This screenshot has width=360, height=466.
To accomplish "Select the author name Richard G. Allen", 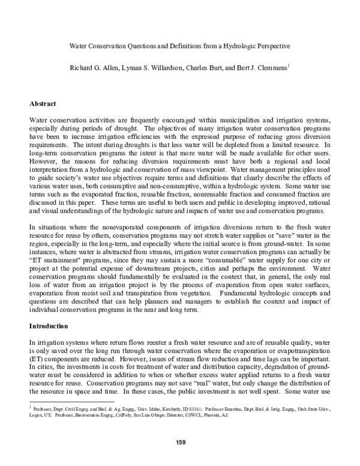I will tap(95, 61).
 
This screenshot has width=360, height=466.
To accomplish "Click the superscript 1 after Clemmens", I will tap(289, 59).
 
